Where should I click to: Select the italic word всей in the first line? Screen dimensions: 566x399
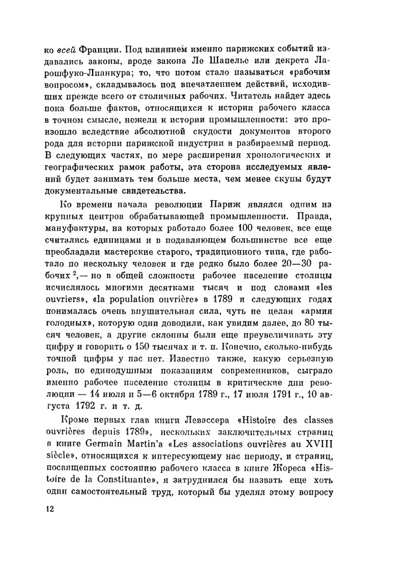click(x=65, y=50)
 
